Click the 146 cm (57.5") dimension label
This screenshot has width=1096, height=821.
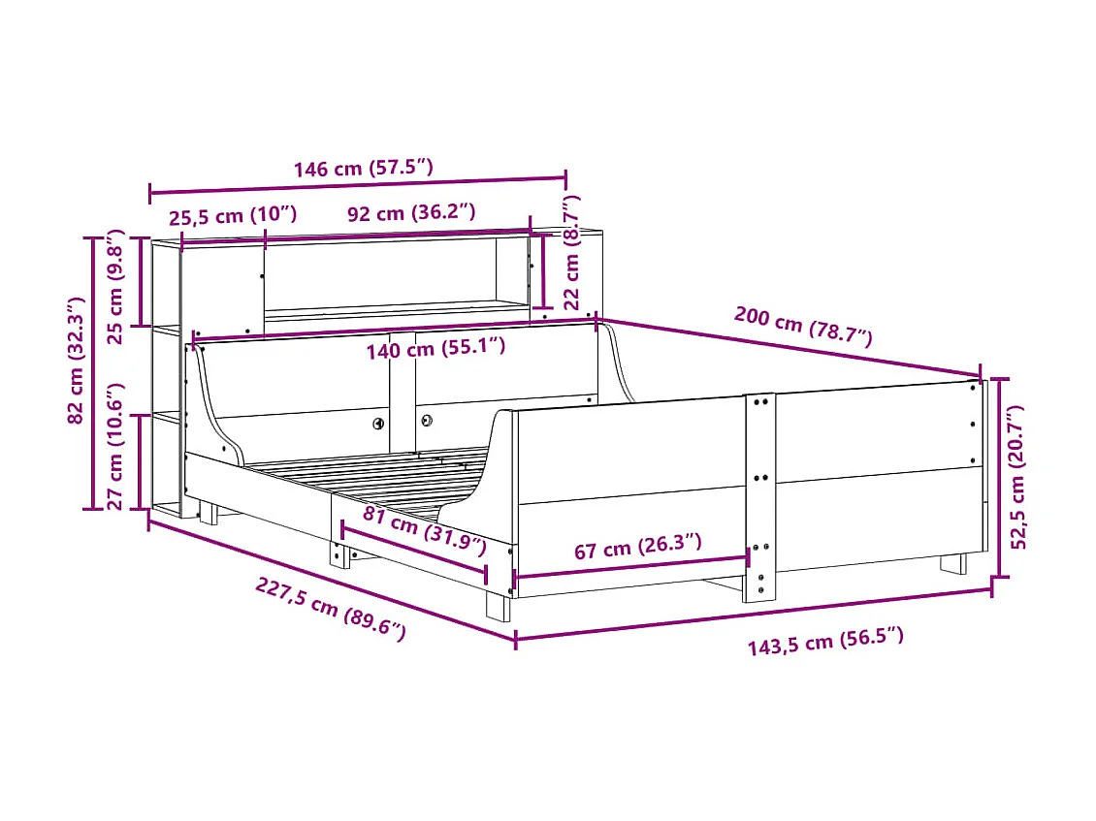pyautogui.click(x=363, y=168)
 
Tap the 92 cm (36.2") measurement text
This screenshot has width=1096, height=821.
pyautogui.click(x=412, y=213)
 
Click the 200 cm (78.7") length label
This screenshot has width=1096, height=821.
pyautogui.click(x=803, y=326)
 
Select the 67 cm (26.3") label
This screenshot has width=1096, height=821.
pyautogui.click(x=638, y=548)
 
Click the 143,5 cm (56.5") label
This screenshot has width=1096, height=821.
pyautogui.click(x=825, y=641)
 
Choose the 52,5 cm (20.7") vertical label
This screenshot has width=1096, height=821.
pyautogui.click(x=1019, y=477)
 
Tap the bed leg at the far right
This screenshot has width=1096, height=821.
pyautogui.click(x=952, y=563)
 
